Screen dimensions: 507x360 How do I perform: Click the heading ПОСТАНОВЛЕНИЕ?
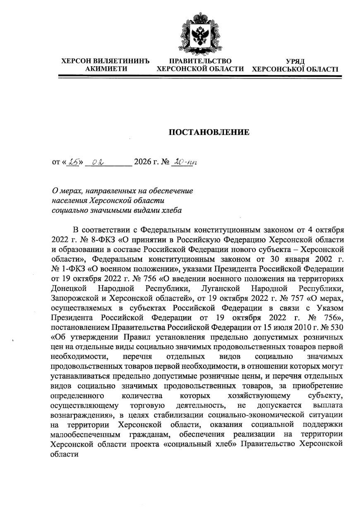(209, 132)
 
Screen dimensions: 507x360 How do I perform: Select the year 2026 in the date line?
(142, 162)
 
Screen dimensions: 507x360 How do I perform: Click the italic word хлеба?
(170, 210)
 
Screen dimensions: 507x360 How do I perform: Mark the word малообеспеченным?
(85, 435)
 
